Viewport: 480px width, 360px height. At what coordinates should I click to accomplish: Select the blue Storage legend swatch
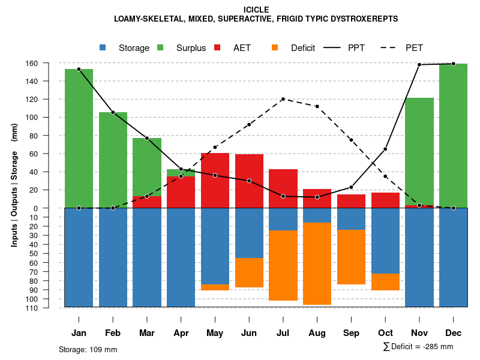[103, 48]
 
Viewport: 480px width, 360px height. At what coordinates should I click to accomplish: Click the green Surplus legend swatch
[161, 48]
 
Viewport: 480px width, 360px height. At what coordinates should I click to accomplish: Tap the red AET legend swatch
[218, 48]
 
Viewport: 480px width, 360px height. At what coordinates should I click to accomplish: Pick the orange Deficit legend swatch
[275, 48]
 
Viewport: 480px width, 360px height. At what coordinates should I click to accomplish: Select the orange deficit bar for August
[317, 264]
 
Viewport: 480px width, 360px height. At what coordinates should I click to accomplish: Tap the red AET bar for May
[215, 180]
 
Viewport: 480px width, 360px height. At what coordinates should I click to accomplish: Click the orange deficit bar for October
[385, 282]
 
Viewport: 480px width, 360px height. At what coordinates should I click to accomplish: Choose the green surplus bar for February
[113, 159]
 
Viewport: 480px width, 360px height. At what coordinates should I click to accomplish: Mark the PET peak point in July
[283, 99]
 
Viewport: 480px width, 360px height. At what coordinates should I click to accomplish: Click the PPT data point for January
[79, 69]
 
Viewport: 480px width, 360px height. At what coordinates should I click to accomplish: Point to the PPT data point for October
[385, 149]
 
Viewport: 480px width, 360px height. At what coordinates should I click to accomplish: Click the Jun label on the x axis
[249, 333]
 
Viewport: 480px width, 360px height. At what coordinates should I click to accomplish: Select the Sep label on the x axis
[351, 333]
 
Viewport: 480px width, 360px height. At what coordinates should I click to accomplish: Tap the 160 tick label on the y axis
[49, 63]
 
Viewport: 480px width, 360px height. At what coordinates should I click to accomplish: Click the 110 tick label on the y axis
[49, 308]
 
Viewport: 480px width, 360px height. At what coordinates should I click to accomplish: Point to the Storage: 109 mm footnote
[88, 349]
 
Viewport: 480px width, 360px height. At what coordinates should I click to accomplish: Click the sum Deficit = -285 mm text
[418, 347]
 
